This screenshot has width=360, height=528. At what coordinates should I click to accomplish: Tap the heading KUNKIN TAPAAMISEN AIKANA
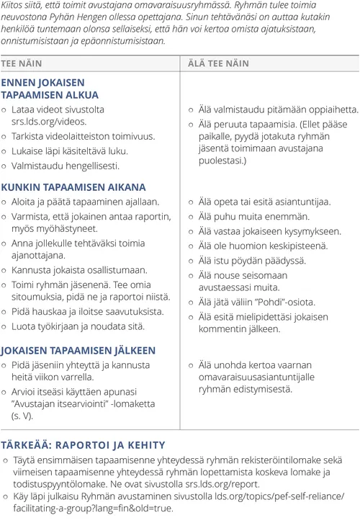pos(73,187)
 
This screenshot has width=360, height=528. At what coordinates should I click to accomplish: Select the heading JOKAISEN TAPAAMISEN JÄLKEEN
pos(78,350)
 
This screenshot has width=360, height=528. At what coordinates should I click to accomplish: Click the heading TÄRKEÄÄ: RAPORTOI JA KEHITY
pos(84,444)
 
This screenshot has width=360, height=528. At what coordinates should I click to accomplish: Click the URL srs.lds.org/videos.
pos(48,122)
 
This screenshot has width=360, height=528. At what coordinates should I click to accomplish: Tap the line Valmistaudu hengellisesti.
pos(65,165)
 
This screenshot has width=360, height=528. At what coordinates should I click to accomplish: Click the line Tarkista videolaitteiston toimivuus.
pos(82,136)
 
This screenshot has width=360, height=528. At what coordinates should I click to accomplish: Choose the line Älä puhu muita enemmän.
pos(253,216)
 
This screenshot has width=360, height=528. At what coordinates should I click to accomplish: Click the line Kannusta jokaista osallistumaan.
pos(79,269)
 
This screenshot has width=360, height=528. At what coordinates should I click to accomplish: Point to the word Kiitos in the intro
pos(13,6)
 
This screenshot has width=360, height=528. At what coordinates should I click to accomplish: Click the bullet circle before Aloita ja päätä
pos(5,202)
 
